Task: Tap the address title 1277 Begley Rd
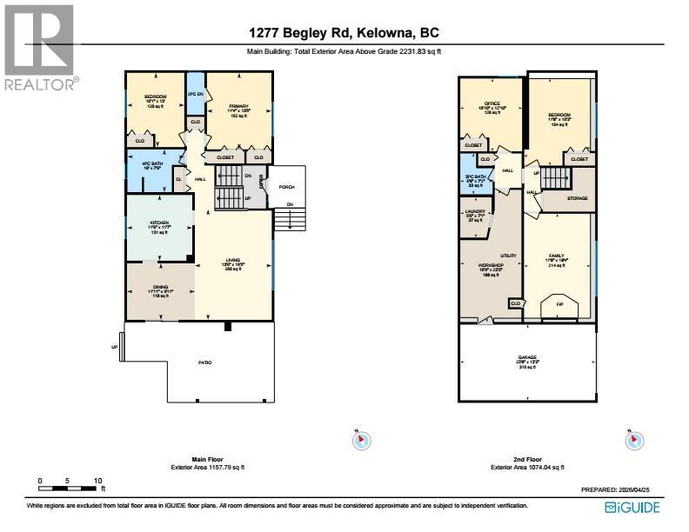click(344, 33)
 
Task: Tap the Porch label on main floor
click(285, 187)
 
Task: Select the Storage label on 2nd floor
click(577, 198)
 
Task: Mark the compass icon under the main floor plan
click(361, 440)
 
